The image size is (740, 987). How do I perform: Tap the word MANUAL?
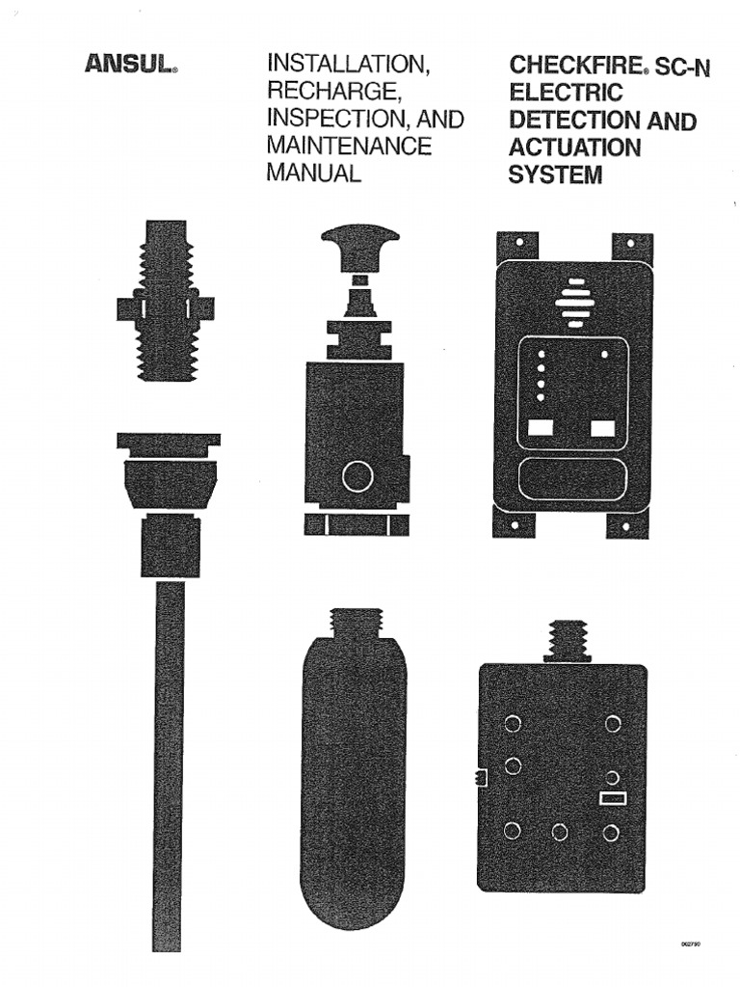pyautogui.click(x=314, y=173)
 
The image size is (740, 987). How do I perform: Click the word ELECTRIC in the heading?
pyautogui.click(x=565, y=93)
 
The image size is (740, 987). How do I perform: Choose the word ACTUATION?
pyautogui.click(x=574, y=147)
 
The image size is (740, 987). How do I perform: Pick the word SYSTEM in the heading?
pyautogui.click(x=555, y=174)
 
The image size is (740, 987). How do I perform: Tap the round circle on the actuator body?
pyautogui.click(x=357, y=476)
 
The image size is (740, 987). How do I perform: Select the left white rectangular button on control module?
pyautogui.click(x=539, y=427)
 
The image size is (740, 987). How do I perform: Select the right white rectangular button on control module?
pyautogui.click(x=603, y=427)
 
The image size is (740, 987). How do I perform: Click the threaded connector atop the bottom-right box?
pyautogui.click(x=567, y=640)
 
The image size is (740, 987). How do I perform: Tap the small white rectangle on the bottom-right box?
pyautogui.click(x=613, y=797)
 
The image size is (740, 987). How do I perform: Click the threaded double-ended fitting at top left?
pyautogui.click(x=166, y=300)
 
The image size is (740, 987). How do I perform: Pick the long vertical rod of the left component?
pyautogui.click(x=169, y=761)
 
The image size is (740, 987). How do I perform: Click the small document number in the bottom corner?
pyautogui.click(x=689, y=947)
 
